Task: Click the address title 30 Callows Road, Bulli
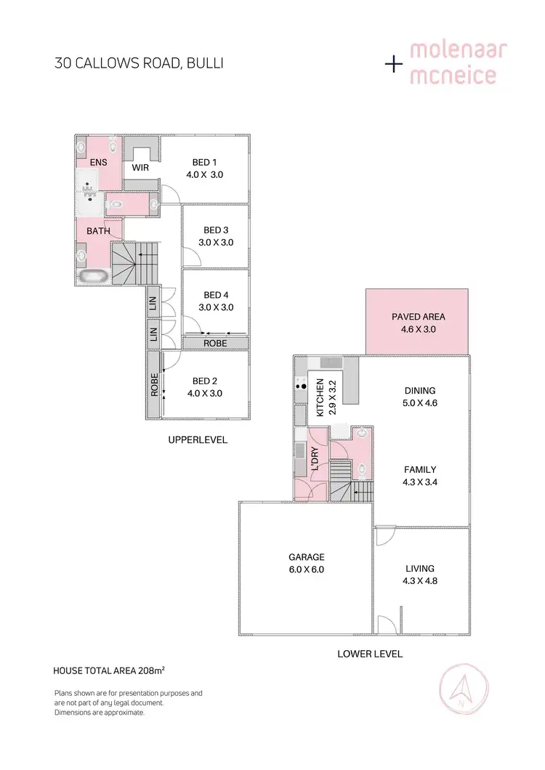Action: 138,63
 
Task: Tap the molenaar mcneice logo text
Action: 458,64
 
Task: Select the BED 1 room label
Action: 204,162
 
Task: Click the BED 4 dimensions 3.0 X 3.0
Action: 216,307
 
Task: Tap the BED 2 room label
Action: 204,381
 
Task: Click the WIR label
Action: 141,167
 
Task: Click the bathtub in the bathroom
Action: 94,277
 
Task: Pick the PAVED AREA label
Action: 418,317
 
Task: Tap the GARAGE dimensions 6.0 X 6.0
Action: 306,570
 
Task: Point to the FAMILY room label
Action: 420,470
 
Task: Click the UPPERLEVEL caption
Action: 198,439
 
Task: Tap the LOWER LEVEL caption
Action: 370,654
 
